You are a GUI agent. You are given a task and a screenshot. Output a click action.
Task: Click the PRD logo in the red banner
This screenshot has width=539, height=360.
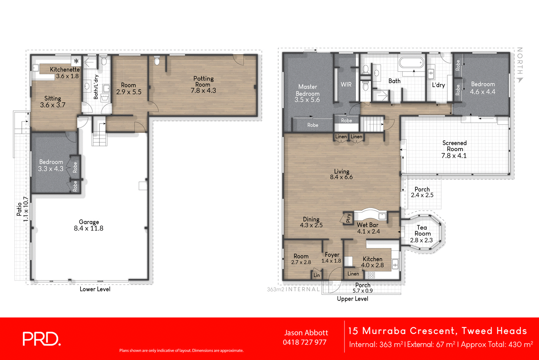(41, 339)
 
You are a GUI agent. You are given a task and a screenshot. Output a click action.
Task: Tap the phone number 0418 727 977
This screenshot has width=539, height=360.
(305, 342)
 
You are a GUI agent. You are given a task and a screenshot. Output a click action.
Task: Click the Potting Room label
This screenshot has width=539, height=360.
(203, 81)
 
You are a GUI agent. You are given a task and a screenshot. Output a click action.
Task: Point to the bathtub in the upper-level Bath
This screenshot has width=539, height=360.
(411, 63)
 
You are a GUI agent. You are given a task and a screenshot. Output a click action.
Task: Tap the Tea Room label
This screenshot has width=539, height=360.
(422, 231)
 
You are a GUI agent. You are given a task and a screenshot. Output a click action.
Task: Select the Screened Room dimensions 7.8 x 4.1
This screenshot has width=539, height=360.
(454, 156)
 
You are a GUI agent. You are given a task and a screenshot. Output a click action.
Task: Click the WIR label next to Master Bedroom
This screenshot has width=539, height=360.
(346, 84)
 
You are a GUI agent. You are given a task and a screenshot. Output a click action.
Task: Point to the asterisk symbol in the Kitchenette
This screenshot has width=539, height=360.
(76, 61)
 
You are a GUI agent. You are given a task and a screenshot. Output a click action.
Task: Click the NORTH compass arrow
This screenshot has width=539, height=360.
(520, 80)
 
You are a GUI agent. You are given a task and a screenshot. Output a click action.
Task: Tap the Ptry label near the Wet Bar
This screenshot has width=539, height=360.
(348, 218)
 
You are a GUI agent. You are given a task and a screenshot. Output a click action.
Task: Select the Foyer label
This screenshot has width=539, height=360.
(332, 255)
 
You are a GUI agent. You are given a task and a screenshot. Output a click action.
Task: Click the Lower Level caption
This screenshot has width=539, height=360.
(95, 289)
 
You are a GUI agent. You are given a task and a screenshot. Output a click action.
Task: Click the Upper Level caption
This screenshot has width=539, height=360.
(352, 299)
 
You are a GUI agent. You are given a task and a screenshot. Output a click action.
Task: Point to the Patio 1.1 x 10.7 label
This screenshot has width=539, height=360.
(22, 209)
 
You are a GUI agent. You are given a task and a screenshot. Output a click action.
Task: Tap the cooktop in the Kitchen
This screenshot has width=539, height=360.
(371, 275)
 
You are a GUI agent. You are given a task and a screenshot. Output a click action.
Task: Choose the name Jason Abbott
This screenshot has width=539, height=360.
(306, 333)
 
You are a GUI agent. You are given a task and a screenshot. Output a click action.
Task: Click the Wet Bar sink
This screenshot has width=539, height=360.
(382, 216)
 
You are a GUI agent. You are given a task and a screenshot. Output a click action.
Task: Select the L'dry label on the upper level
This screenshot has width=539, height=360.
(438, 85)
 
